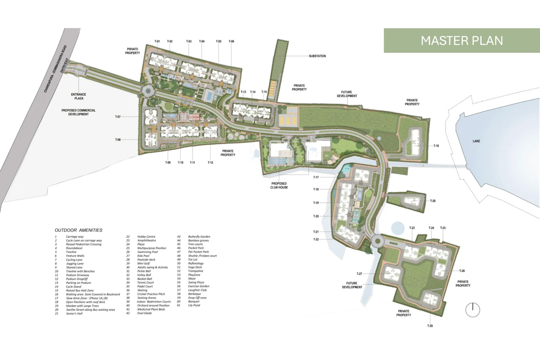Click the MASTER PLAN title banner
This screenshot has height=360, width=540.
[462, 40]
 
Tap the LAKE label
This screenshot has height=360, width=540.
[476, 141]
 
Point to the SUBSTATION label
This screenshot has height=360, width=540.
[317, 56]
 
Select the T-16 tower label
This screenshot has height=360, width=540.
[436, 146]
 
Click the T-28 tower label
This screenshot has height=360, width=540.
[432, 201]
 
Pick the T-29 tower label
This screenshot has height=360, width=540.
[430, 326]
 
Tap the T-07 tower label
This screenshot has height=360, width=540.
[118, 117]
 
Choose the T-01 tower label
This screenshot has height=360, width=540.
[157, 41]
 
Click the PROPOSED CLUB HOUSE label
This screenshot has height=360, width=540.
[279, 185]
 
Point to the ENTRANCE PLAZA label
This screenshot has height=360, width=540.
[79, 96]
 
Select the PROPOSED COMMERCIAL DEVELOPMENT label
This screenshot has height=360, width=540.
[78, 112]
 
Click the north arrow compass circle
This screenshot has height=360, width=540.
[472, 310]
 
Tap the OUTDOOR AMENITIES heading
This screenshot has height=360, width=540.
[78, 230]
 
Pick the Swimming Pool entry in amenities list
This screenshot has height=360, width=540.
[147, 252]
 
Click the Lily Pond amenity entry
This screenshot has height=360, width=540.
[194, 305]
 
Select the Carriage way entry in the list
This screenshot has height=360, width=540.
[75, 237]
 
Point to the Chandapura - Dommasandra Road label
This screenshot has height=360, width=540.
[55, 69]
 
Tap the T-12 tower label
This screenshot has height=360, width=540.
[210, 162]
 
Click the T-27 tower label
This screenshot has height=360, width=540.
[359, 274]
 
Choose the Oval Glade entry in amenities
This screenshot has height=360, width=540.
[144, 313]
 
